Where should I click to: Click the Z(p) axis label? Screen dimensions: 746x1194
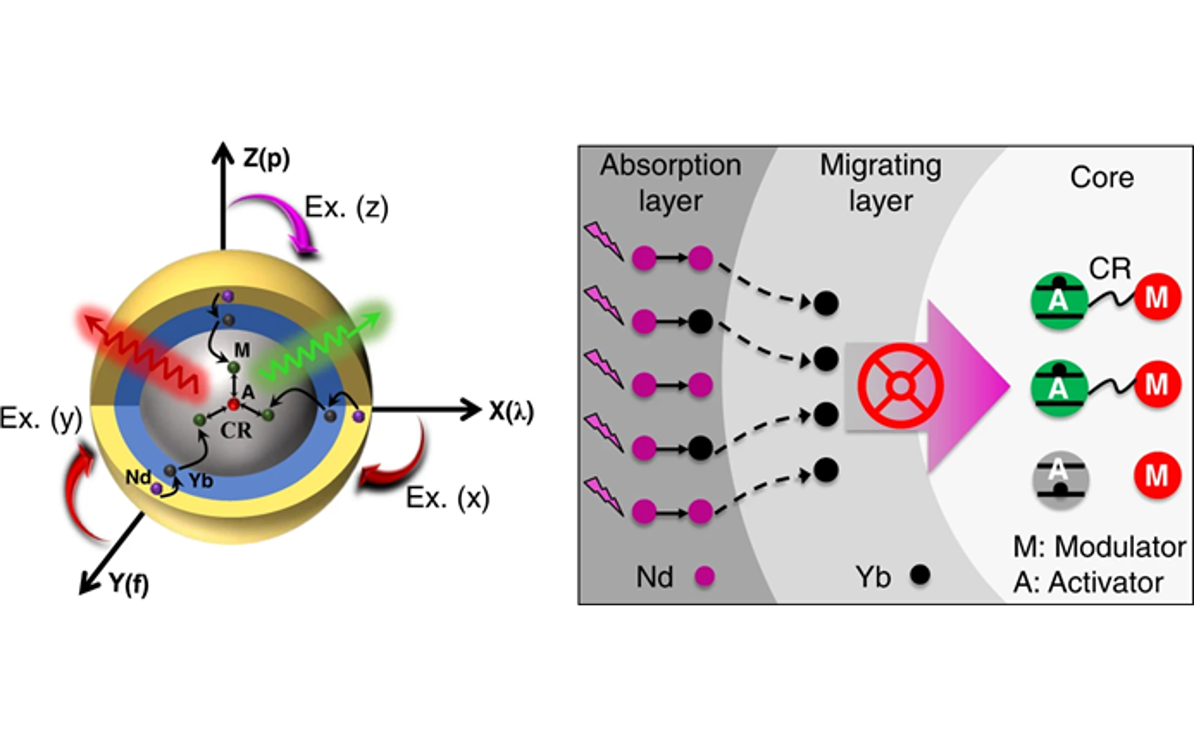click(266, 159)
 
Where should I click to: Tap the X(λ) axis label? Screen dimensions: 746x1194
click(512, 411)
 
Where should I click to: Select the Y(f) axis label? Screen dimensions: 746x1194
click(128, 584)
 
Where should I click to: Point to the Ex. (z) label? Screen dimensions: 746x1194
click(347, 207)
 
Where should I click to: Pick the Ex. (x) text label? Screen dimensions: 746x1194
click(447, 498)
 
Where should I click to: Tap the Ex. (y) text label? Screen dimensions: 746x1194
click(40, 418)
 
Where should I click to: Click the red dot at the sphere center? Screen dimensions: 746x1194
click(233, 405)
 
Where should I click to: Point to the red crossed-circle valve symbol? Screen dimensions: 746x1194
click(900, 385)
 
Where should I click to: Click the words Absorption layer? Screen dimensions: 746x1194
click(670, 182)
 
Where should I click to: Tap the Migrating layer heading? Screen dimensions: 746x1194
click(881, 182)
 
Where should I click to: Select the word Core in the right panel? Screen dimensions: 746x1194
click(1102, 177)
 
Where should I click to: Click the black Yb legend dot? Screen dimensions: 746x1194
click(920, 575)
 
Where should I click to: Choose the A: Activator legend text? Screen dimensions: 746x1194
click(1088, 582)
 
